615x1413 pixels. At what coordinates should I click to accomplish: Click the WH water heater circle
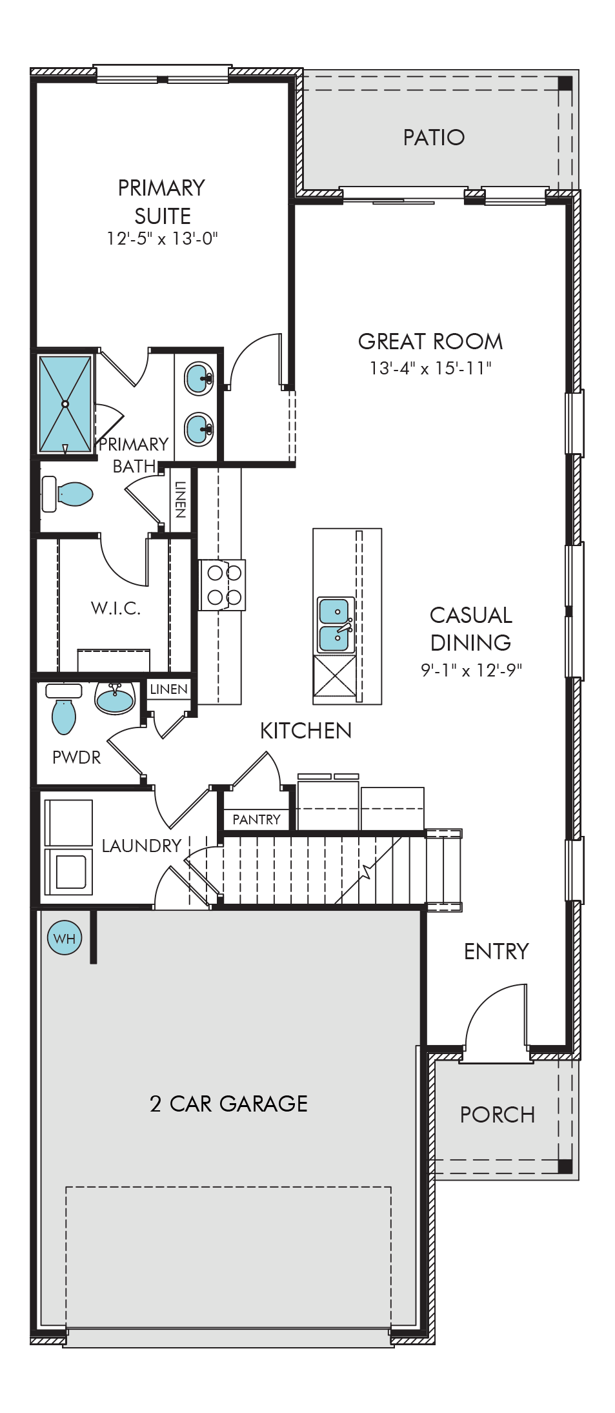(x=65, y=938)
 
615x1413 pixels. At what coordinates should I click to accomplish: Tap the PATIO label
(x=434, y=137)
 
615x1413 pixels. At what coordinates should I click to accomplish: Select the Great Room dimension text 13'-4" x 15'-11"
(x=430, y=368)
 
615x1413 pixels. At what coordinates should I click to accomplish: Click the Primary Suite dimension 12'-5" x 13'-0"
(x=162, y=239)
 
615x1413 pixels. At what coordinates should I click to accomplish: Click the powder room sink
(x=115, y=698)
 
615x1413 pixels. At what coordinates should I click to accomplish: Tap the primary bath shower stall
(x=65, y=404)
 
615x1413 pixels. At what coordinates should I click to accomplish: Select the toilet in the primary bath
(x=67, y=494)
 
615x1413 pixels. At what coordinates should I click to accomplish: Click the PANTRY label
(x=256, y=820)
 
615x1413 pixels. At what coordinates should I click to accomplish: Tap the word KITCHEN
(x=306, y=731)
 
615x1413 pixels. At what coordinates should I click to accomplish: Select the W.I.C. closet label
(x=116, y=608)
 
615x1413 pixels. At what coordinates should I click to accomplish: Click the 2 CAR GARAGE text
(x=228, y=1104)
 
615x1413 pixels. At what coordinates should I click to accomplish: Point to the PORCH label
(x=498, y=1115)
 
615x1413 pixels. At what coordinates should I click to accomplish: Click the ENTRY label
(x=496, y=951)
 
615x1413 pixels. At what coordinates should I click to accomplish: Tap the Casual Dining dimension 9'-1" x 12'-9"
(x=471, y=670)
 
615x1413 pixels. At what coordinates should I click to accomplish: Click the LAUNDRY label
(x=142, y=846)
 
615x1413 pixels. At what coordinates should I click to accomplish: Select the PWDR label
(x=77, y=757)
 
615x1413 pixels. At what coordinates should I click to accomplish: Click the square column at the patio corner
(x=565, y=83)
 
